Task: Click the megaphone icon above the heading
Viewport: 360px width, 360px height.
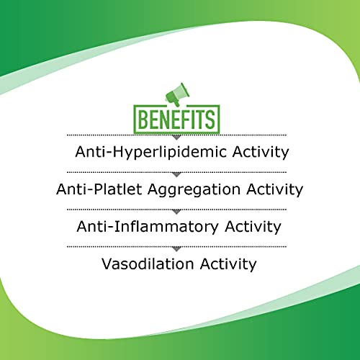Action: click(177, 95)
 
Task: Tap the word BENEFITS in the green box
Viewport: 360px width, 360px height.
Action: click(176, 120)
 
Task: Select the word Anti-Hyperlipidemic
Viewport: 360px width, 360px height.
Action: click(150, 153)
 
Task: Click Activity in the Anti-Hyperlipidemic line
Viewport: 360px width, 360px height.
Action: click(261, 153)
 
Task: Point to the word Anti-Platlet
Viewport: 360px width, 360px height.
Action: click(99, 189)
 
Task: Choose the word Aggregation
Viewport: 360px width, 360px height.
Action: click(194, 190)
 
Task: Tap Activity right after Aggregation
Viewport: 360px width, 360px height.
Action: click(275, 190)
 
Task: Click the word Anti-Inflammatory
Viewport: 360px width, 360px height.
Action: click(148, 227)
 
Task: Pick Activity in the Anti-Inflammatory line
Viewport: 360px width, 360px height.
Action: click(253, 227)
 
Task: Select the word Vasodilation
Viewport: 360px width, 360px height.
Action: click(148, 264)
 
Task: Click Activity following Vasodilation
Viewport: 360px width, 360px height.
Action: click(228, 264)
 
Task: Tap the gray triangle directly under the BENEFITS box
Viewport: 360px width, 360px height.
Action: click(176, 138)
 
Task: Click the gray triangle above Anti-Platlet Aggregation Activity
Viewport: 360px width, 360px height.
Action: click(176, 175)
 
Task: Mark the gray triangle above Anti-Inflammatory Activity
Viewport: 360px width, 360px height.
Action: click(176, 212)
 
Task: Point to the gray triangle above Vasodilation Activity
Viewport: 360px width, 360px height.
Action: click(176, 249)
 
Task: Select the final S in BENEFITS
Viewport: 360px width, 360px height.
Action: click(210, 120)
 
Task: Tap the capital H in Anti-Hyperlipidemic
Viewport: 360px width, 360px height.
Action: click(119, 151)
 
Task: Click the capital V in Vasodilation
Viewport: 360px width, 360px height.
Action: click(107, 264)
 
